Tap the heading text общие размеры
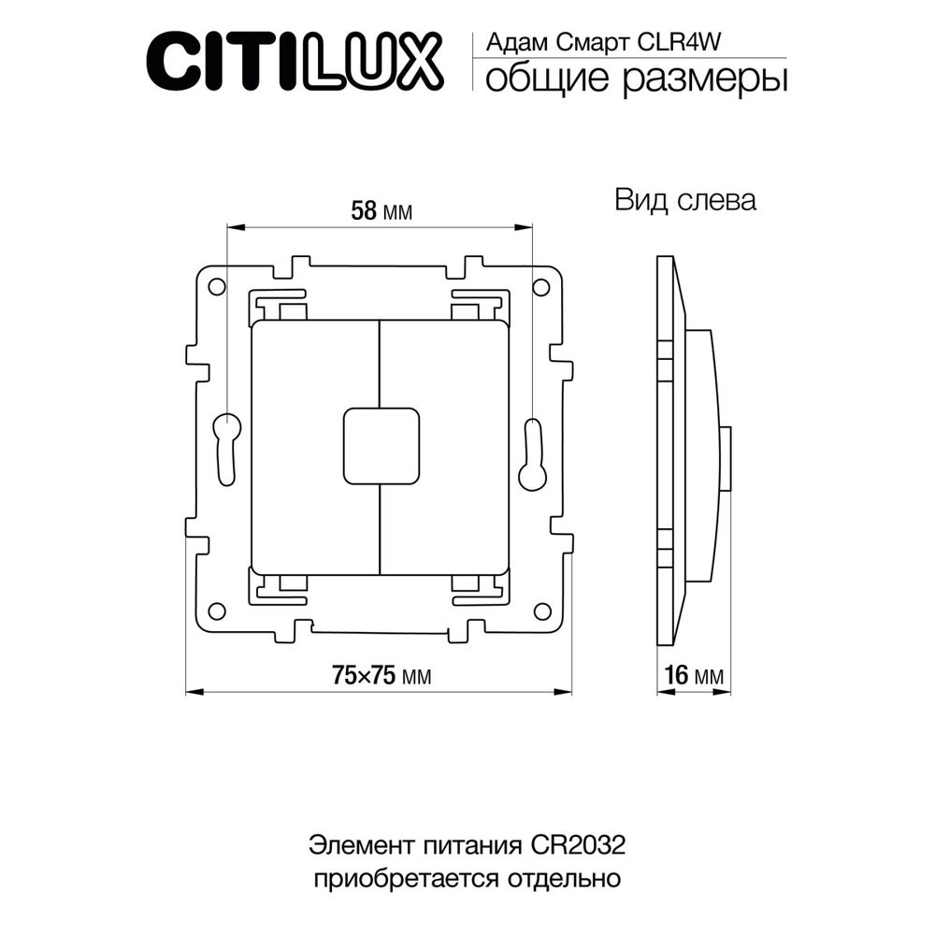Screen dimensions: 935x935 [x=635, y=79]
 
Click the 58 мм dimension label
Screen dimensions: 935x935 [x=381, y=211]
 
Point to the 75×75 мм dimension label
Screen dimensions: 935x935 [x=381, y=675]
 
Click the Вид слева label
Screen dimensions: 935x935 [x=684, y=200]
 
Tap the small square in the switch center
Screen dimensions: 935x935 [x=381, y=446]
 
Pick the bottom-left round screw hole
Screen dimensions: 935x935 [x=216, y=611]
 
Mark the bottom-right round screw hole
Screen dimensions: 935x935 [x=541, y=611]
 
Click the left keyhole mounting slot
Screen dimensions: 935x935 [x=227, y=450]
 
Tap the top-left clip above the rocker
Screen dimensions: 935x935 [x=281, y=307]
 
